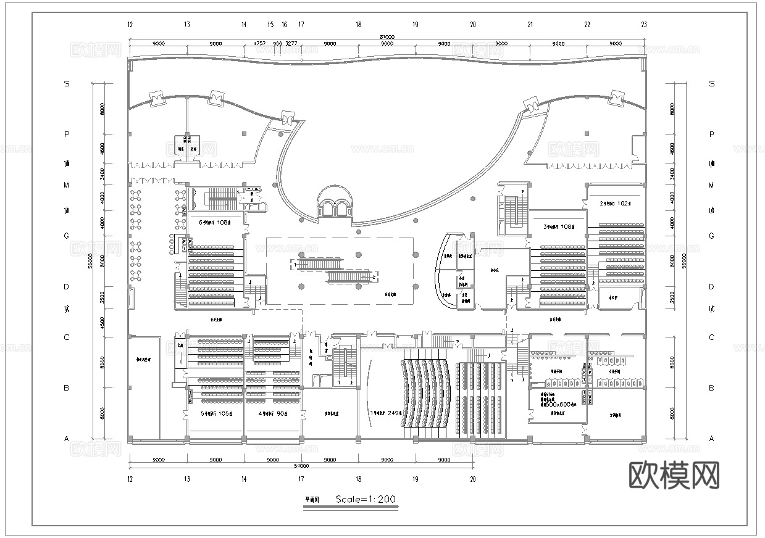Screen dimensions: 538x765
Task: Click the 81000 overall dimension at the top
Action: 387,38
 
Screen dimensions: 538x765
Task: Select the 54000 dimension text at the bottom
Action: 301,466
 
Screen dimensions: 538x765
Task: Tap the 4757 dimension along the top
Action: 260,44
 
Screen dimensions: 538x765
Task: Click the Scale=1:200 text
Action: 365,499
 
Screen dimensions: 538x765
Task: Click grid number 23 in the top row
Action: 644,25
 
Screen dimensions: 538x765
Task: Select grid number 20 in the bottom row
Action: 473,478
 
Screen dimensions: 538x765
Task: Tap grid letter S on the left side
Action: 67,83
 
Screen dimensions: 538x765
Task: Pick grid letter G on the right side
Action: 711,236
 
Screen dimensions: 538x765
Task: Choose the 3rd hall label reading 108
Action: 559,227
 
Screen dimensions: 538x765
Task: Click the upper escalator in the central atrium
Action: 317,264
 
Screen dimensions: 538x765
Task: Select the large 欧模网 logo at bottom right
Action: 674,475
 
